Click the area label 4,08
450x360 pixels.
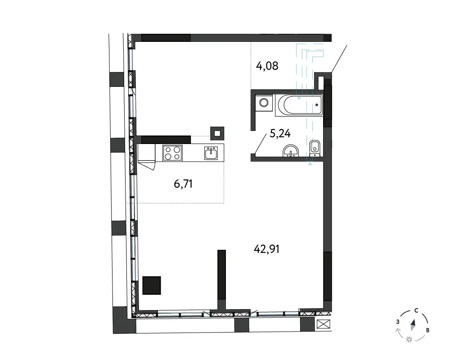click(x=267, y=66)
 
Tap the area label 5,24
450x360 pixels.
click(x=280, y=134)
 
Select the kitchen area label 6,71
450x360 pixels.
click(x=183, y=184)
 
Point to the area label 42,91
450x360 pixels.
click(x=266, y=249)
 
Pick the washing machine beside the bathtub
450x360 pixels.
click(x=264, y=103)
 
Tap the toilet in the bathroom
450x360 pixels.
click(x=315, y=148)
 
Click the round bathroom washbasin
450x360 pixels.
click(x=291, y=151)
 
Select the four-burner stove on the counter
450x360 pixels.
click(x=172, y=153)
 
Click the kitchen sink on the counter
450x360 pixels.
click(x=211, y=153)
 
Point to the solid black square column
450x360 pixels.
click(x=152, y=285)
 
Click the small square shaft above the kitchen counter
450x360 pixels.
click(x=217, y=133)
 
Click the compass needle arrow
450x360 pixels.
click(x=413, y=325)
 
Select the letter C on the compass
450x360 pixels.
click(x=416, y=310)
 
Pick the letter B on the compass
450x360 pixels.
click(x=427, y=330)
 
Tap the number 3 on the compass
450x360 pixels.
click(x=398, y=322)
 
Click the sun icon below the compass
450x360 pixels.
click(x=409, y=340)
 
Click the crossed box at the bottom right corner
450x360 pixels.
click(x=324, y=324)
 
